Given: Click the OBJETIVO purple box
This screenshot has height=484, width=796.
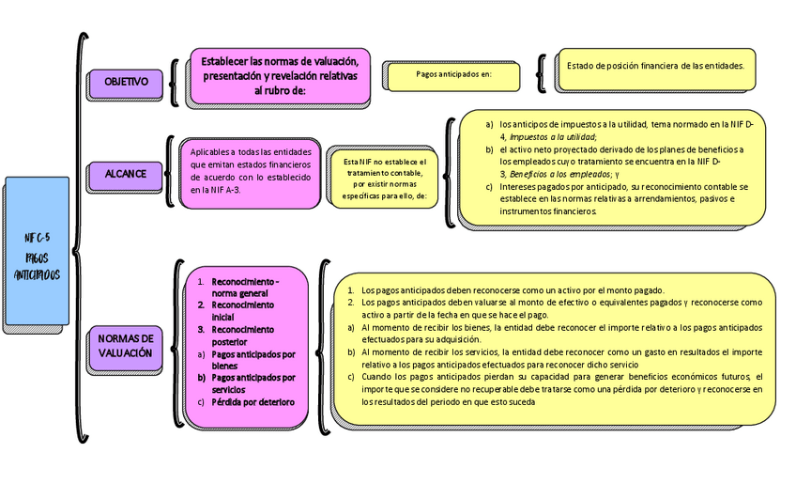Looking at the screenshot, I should (x=126, y=83).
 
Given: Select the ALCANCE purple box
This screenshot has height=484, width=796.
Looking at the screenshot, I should (x=125, y=174).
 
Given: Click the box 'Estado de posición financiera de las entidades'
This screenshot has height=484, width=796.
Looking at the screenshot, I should (x=655, y=66).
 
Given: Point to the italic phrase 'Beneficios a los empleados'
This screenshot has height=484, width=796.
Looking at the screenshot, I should (x=561, y=174).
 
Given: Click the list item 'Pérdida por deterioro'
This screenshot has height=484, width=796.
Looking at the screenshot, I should (x=253, y=402).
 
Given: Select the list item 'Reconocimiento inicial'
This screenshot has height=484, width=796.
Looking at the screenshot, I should (x=242, y=311).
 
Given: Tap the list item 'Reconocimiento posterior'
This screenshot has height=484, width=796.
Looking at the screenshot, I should (x=242, y=336).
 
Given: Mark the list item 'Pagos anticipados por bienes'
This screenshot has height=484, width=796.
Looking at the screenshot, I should (x=253, y=360).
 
